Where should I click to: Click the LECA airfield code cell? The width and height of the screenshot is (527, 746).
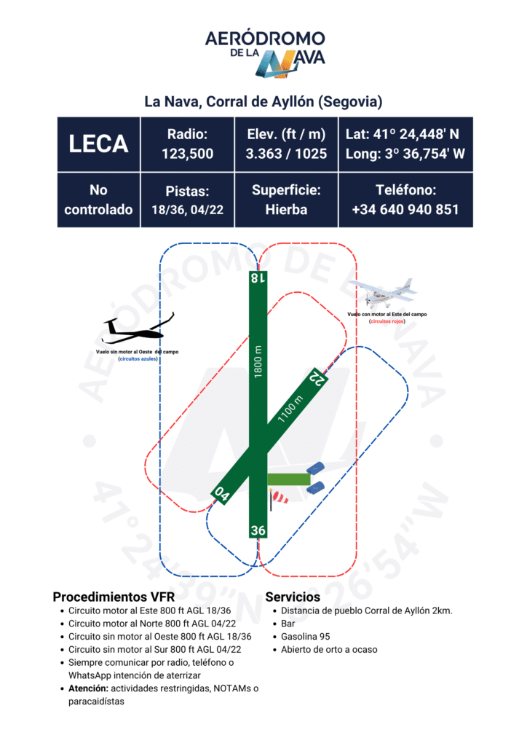[98, 144]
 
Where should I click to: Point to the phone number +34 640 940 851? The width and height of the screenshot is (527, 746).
[405, 209]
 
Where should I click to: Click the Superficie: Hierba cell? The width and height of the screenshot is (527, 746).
[286, 200]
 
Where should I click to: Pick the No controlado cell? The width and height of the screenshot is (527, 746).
[98, 200]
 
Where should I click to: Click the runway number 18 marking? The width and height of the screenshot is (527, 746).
[258, 277]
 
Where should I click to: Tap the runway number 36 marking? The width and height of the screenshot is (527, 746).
[258, 530]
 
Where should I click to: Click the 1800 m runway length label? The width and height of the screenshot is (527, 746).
[258, 361]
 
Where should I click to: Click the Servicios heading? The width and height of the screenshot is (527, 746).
[293, 597]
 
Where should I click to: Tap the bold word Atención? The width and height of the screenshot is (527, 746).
[88, 688]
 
